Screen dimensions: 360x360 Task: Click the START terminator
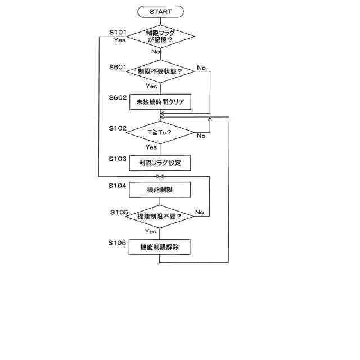161,11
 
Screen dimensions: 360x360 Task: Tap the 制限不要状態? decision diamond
160,71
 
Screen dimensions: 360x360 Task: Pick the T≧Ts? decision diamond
160,132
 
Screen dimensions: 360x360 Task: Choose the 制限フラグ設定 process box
160,163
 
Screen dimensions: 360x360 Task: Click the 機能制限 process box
160,190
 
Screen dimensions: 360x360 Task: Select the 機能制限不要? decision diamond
160,216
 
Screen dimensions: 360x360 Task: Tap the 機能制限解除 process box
160,246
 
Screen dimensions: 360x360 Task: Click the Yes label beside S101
119,40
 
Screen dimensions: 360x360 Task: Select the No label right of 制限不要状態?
201,67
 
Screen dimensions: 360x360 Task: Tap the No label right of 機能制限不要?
199,212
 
